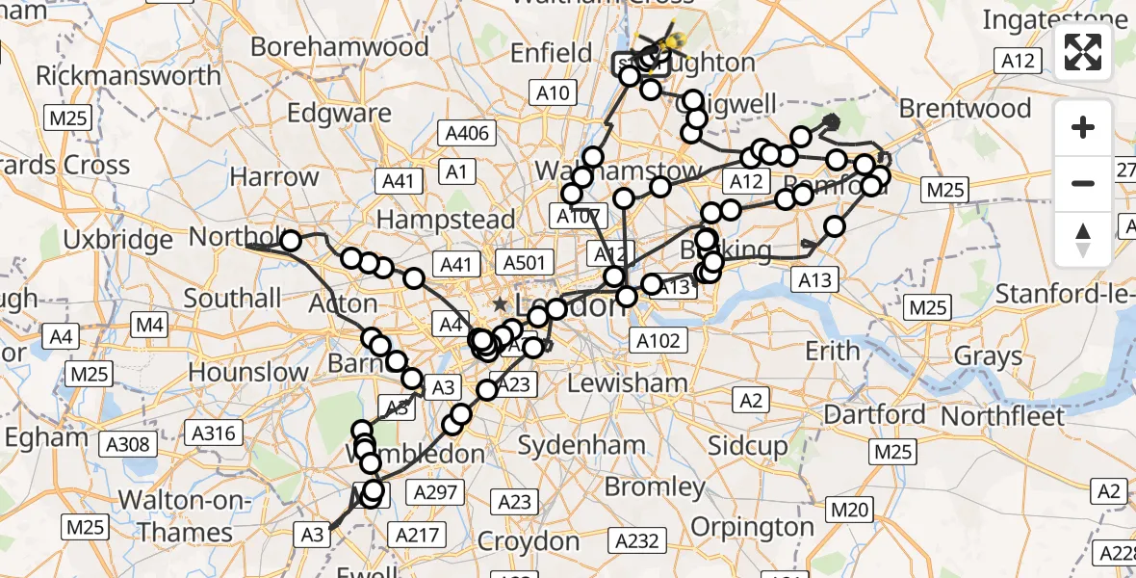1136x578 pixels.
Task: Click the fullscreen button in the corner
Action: click(x=1083, y=52)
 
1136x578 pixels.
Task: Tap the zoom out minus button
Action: click(x=1083, y=183)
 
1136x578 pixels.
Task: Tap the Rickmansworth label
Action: click(x=128, y=75)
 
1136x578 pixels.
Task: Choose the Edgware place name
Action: click(x=340, y=112)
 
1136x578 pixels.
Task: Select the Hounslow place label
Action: click(x=248, y=372)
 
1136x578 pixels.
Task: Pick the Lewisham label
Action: click(x=627, y=382)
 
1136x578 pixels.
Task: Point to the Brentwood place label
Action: click(x=965, y=108)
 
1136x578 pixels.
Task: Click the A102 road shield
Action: click(x=659, y=339)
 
